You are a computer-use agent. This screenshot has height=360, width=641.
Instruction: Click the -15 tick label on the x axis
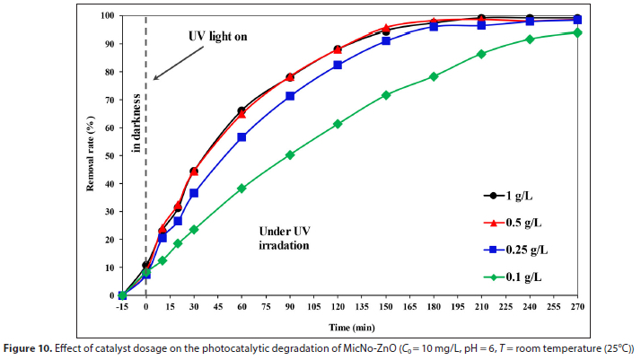[122, 306]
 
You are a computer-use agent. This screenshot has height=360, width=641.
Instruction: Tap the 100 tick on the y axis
[106, 16]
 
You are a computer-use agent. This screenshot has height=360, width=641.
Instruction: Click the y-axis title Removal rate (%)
[92, 155]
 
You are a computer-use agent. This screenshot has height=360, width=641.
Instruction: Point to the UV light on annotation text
[216, 37]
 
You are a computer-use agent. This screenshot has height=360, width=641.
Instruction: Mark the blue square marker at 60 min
[241, 137]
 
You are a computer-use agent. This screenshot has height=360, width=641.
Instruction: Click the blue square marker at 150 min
[386, 41]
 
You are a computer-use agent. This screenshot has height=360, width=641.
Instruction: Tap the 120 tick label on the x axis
[338, 306]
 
